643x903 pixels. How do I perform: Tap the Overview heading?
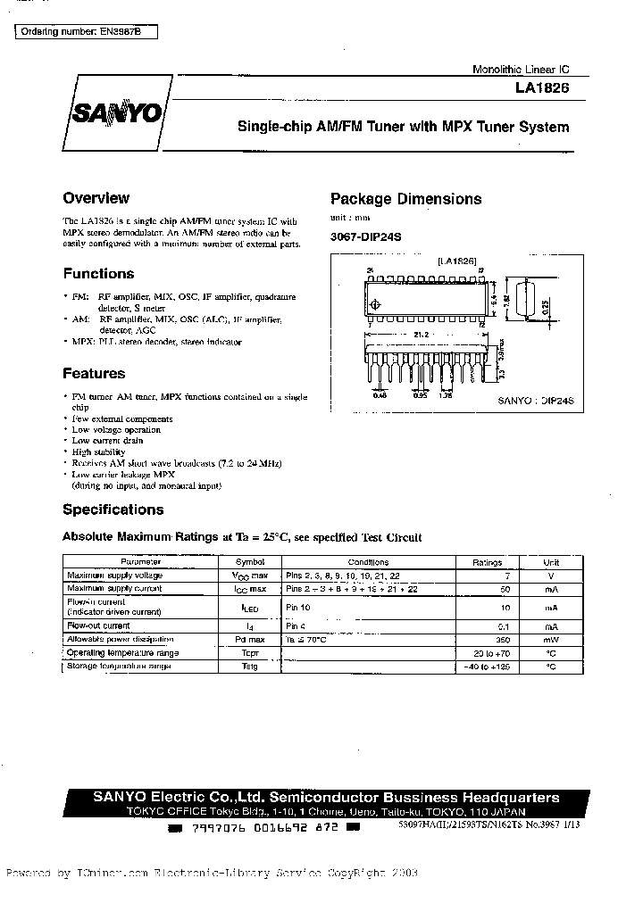(x=96, y=198)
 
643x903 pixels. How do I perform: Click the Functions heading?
(x=98, y=274)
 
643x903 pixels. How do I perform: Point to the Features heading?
(x=94, y=374)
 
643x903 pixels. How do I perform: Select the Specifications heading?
(x=113, y=509)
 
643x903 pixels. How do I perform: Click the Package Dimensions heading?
(x=405, y=199)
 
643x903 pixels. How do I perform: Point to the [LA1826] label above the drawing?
(x=457, y=261)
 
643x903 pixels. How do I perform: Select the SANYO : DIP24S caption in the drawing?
(x=534, y=402)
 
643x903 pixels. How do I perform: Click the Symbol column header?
(x=249, y=563)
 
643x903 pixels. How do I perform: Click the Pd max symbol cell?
(x=249, y=640)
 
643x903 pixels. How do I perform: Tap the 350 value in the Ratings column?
(x=504, y=640)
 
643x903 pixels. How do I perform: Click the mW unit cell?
(x=551, y=640)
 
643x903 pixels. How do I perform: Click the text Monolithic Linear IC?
(x=520, y=70)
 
